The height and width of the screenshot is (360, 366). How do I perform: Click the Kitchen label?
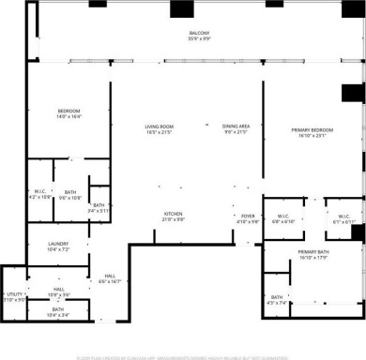pyautogui.click(x=174, y=213)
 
